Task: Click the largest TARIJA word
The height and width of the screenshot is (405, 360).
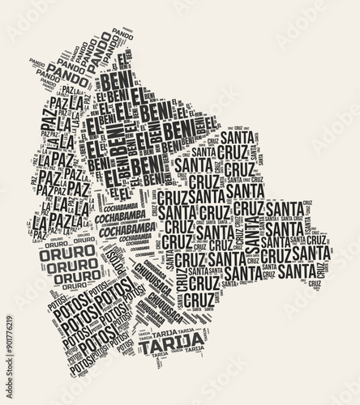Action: [x=169, y=347]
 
